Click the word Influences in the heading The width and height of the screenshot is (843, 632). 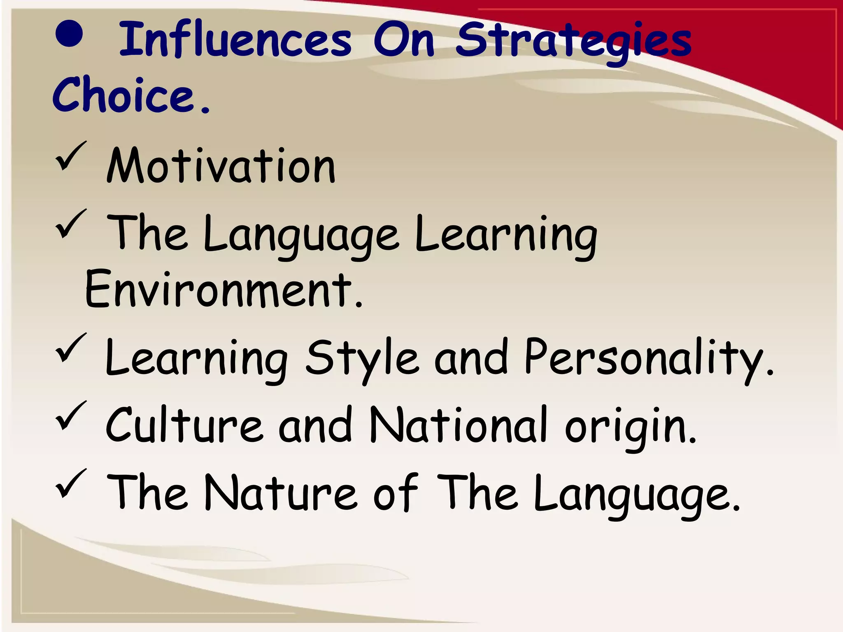pos(235,40)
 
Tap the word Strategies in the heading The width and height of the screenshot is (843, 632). pos(574,41)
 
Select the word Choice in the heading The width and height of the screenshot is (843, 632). pos(123,95)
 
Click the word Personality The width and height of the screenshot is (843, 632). pos(644,358)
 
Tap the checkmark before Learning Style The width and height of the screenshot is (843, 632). pos(70,348)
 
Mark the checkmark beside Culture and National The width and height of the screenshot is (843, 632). pos(70,415)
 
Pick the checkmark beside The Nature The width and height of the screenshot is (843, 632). pos(70,483)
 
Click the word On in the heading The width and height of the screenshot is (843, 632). pos(404,40)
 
